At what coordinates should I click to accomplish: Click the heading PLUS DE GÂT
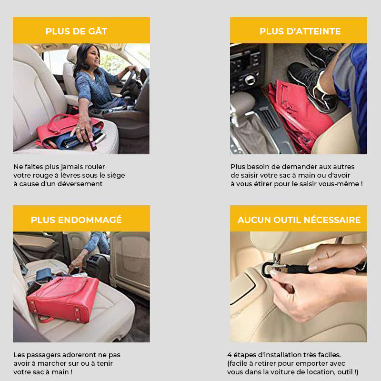point(76,31)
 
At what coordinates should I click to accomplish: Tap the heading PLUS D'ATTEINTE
point(300,31)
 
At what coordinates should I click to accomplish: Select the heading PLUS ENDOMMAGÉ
point(76,220)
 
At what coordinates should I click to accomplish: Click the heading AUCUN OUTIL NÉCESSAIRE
point(299,220)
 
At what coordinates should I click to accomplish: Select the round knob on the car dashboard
point(250,80)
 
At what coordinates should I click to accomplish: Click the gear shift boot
point(253,134)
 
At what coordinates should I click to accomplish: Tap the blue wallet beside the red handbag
point(44,275)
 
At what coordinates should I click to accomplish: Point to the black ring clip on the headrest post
point(267,270)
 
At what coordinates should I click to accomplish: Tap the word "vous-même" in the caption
point(344,184)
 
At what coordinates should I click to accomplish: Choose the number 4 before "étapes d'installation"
point(230,355)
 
